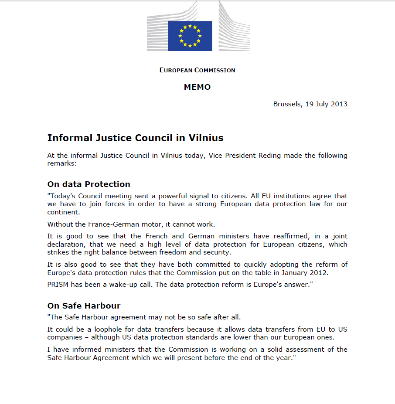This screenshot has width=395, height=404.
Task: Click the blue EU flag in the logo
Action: (x=190, y=36)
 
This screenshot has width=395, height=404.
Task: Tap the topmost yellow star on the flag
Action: (x=190, y=26)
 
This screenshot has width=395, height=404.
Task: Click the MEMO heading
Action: (x=197, y=87)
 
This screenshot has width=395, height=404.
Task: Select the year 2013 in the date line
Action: (x=339, y=104)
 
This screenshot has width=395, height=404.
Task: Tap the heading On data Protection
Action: (x=89, y=184)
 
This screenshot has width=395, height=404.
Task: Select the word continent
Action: (x=64, y=212)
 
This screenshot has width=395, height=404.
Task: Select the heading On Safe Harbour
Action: (x=84, y=306)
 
